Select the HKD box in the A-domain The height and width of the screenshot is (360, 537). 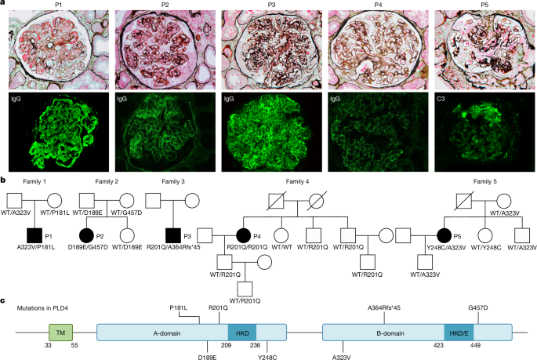242,333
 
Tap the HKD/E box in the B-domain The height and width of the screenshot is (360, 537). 460,333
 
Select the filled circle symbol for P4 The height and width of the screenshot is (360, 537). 244,235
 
